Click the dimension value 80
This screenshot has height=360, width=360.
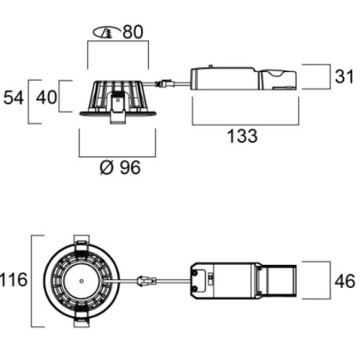[133, 32]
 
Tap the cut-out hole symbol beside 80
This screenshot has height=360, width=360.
[107, 32]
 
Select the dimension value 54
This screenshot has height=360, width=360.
[14, 98]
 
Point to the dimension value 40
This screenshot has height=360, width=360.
[47, 97]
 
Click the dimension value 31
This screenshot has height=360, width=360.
[344, 76]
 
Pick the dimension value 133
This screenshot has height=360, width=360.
[243, 136]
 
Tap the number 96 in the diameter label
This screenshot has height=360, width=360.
[130, 167]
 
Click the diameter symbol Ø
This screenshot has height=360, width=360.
[107, 167]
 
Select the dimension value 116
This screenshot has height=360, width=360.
[14, 280]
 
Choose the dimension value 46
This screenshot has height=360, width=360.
[345, 281]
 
